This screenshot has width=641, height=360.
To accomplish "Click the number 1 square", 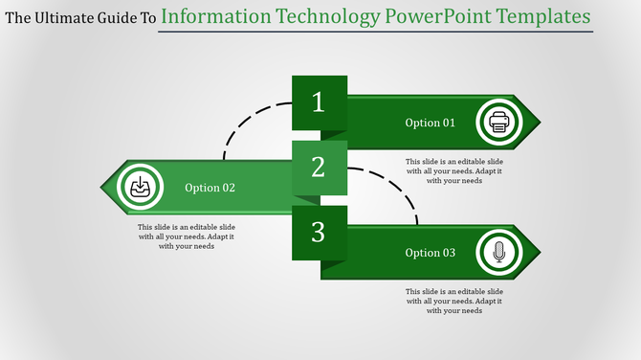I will [320, 102].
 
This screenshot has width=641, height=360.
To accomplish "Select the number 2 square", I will [320, 168].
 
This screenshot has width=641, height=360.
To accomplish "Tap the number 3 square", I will [320, 232].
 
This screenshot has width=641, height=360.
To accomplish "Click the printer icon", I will [498, 122].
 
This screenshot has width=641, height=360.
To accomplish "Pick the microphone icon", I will [498, 253].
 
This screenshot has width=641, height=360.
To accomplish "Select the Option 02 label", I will [210, 188].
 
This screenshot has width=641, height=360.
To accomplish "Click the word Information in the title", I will [216, 16].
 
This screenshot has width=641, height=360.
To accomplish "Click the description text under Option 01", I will [453, 171].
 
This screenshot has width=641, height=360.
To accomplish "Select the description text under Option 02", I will [187, 236].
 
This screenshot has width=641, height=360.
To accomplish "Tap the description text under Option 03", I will [453, 301].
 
